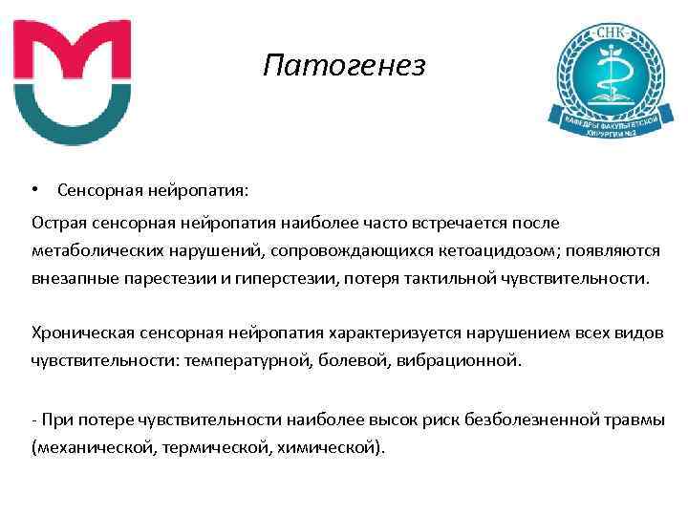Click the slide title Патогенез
click(343, 67)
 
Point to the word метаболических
click(91, 251)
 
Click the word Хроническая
click(75, 333)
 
